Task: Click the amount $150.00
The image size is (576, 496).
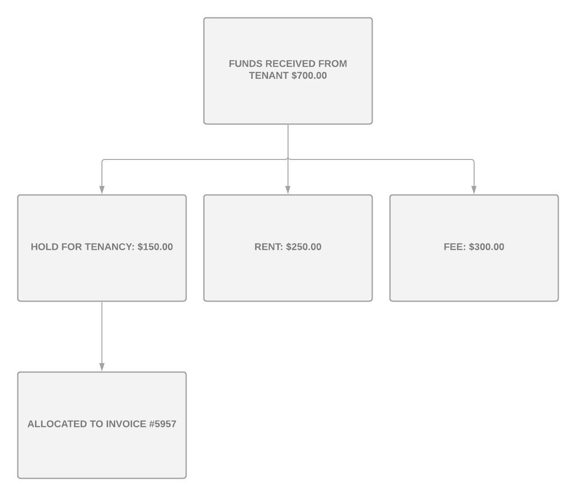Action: tap(155, 247)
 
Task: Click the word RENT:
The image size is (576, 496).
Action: tap(269, 247)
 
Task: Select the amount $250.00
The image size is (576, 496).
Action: tap(304, 247)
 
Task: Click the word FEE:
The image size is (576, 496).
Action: tap(455, 247)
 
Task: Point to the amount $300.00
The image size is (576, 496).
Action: tap(486, 247)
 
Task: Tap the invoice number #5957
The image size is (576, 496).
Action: tap(163, 424)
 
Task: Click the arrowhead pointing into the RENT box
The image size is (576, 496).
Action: tap(288, 190)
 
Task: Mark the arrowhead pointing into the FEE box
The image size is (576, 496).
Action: tap(474, 190)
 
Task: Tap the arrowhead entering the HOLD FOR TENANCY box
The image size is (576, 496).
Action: tap(102, 190)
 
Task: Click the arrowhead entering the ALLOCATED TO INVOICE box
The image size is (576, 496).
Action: tap(102, 367)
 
